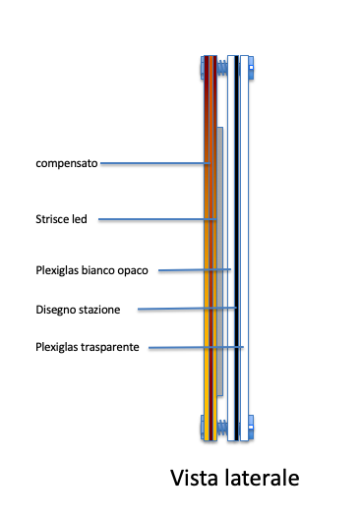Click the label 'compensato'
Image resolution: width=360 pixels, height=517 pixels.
(x=66, y=163)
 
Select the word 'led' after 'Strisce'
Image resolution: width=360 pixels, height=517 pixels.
(x=82, y=219)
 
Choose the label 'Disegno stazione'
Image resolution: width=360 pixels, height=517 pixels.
(x=78, y=310)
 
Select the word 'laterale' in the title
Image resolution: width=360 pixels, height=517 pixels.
(x=261, y=479)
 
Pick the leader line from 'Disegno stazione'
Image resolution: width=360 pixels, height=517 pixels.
(x=187, y=309)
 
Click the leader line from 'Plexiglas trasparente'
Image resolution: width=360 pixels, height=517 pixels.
(x=197, y=347)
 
